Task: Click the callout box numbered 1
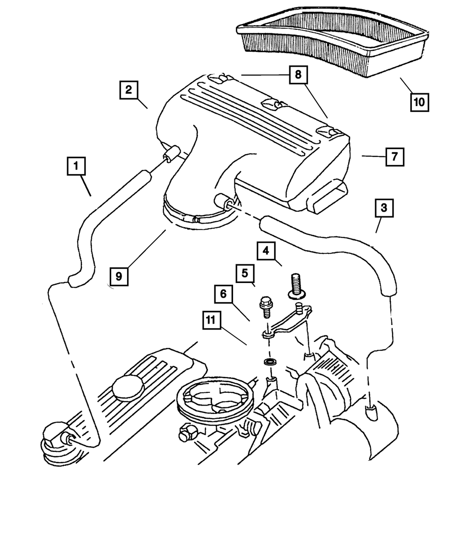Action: pos(77,166)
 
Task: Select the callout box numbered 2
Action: pos(129,90)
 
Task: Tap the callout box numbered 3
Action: pos(384,208)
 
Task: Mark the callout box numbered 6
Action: pos(223,294)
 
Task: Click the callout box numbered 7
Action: pos(394,156)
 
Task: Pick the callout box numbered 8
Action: pos(298,75)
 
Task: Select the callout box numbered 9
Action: pos(119,276)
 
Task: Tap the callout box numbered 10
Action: pos(419,102)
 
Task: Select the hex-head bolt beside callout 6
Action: pos(265,308)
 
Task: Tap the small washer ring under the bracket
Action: pos(270,362)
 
